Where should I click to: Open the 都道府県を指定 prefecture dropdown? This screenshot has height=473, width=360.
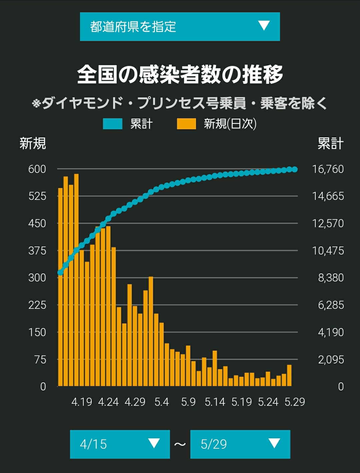(180, 27)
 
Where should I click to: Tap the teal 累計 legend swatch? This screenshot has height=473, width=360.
(113, 124)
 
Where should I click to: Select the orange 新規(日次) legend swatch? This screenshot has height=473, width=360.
(186, 124)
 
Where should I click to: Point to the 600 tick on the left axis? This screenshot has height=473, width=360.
(37, 169)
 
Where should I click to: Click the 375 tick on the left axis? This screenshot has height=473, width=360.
(37, 251)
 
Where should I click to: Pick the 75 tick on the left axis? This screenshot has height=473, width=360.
(40, 360)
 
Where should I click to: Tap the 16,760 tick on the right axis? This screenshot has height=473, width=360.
(328, 169)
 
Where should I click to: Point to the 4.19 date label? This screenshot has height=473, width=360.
(82, 402)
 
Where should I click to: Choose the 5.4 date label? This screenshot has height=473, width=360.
(162, 402)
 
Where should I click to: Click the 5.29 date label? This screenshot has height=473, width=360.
(295, 402)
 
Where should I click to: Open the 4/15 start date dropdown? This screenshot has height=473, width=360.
(120, 444)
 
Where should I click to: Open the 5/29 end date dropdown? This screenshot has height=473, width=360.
(240, 444)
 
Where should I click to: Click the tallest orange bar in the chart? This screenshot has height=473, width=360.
(76, 280)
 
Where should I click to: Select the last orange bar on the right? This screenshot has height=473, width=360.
(289, 375)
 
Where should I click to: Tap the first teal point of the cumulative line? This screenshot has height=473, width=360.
(60, 272)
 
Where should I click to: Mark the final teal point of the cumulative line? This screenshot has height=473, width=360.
(295, 169)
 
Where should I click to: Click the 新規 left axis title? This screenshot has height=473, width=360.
(33, 143)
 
